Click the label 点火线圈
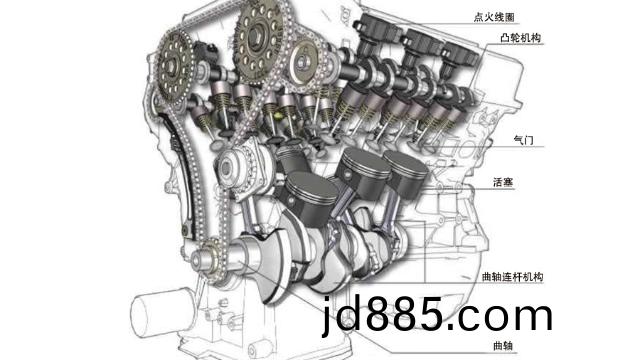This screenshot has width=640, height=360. click(x=493, y=17)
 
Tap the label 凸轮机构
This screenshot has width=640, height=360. click(x=520, y=38)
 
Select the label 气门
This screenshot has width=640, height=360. click(x=523, y=140)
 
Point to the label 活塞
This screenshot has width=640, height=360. click(x=503, y=182)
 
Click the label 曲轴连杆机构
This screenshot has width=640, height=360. click(x=513, y=277)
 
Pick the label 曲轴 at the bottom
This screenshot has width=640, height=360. click(x=503, y=346)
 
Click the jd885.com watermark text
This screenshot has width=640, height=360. click(x=437, y=314)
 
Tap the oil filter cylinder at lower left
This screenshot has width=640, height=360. click(x=162, y=312)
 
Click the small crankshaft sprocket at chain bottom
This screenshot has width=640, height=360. click(x=209, y=259)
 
